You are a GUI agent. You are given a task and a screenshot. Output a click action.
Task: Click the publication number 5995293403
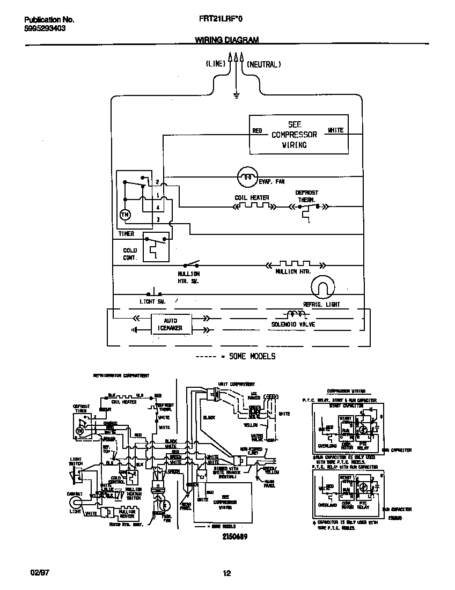[x=45, y=28]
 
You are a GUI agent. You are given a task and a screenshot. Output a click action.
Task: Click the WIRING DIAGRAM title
[x=226, y=40]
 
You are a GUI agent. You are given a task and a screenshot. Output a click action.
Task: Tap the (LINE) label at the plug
[x=215, y=64]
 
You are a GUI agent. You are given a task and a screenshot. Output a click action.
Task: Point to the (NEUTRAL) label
[x=263, y=64]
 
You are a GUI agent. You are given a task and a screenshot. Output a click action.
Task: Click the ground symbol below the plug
[x=236, y=96]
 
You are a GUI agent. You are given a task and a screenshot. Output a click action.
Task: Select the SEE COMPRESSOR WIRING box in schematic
[x=298, y=135]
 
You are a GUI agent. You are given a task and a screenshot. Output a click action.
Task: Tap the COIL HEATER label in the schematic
[x=252, y=198]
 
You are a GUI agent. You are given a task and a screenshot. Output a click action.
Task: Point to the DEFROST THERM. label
[x=307, y=196]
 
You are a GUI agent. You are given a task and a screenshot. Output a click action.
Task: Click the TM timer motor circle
[x=124, y=215]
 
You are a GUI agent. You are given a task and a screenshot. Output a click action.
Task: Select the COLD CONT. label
[x=130, y=254]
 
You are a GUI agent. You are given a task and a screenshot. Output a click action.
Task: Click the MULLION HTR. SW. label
[x=188, y=276]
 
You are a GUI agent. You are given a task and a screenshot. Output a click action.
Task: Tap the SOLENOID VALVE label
[x=293, y=324]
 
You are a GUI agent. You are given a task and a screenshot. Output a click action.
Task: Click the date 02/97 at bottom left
[x=33, y=573]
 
